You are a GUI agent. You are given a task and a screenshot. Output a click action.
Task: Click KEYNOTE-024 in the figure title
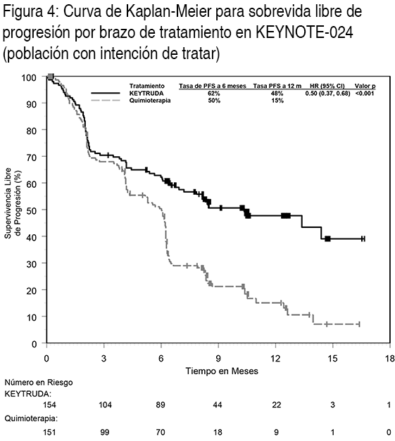304,32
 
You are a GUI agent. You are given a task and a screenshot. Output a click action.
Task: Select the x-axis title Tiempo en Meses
222,371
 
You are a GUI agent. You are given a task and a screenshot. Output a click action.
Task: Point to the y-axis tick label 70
32,157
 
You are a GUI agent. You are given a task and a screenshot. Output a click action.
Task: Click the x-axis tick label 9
218,359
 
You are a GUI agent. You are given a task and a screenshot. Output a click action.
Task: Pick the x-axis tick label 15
333,359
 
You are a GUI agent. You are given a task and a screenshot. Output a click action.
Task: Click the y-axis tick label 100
30,77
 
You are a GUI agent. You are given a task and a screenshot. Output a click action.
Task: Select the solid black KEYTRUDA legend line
106,93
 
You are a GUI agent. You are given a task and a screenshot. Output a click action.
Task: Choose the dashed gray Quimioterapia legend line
106,101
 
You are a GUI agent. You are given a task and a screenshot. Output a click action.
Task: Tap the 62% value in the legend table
214,94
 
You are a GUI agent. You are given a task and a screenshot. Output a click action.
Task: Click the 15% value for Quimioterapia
277,101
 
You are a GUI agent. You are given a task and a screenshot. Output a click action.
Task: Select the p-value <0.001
365,93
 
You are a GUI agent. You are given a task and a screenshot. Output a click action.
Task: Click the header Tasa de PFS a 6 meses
213,86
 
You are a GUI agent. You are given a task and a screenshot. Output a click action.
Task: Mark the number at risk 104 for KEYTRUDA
105,404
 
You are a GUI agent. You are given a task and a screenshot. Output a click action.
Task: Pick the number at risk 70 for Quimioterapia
161,432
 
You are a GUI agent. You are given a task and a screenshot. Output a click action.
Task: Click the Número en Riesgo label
39,383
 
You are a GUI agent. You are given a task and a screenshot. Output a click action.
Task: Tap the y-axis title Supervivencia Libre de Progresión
13,203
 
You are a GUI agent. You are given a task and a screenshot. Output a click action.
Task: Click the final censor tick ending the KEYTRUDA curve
363,238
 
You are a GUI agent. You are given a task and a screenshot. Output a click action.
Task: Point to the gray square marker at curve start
51,77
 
